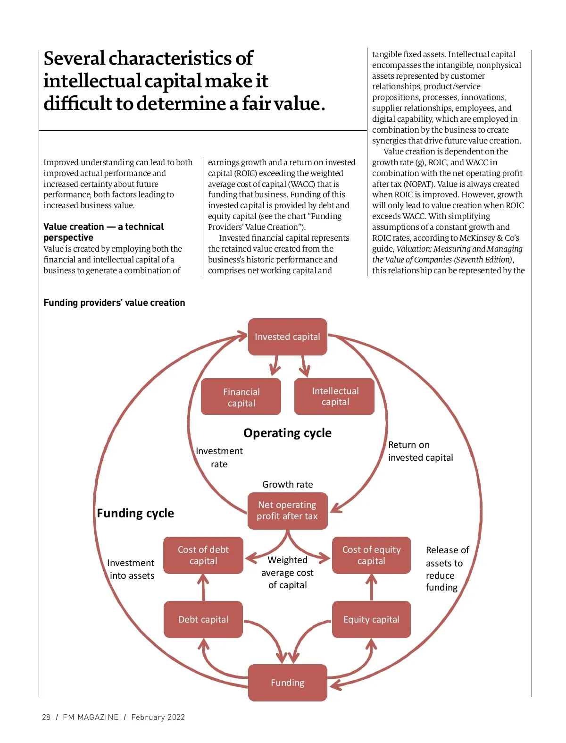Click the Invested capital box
[287, 337]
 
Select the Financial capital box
[241, 397]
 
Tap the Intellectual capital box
[335, 397]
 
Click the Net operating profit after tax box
[287, 510]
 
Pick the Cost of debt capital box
[203, 555]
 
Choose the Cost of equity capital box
[371, 555]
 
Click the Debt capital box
[203, 619]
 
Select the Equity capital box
[371, 619]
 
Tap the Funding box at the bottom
[287, 683]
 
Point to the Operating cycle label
[287, 433]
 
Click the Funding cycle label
[135, 513]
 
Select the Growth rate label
[287, 484]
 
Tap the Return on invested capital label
[420, 451]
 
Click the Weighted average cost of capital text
[287, 573]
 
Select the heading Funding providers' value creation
[114, 303]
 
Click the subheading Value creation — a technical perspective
[103, 232]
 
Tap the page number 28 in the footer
[46, 717]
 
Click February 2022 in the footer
[158, 717]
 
